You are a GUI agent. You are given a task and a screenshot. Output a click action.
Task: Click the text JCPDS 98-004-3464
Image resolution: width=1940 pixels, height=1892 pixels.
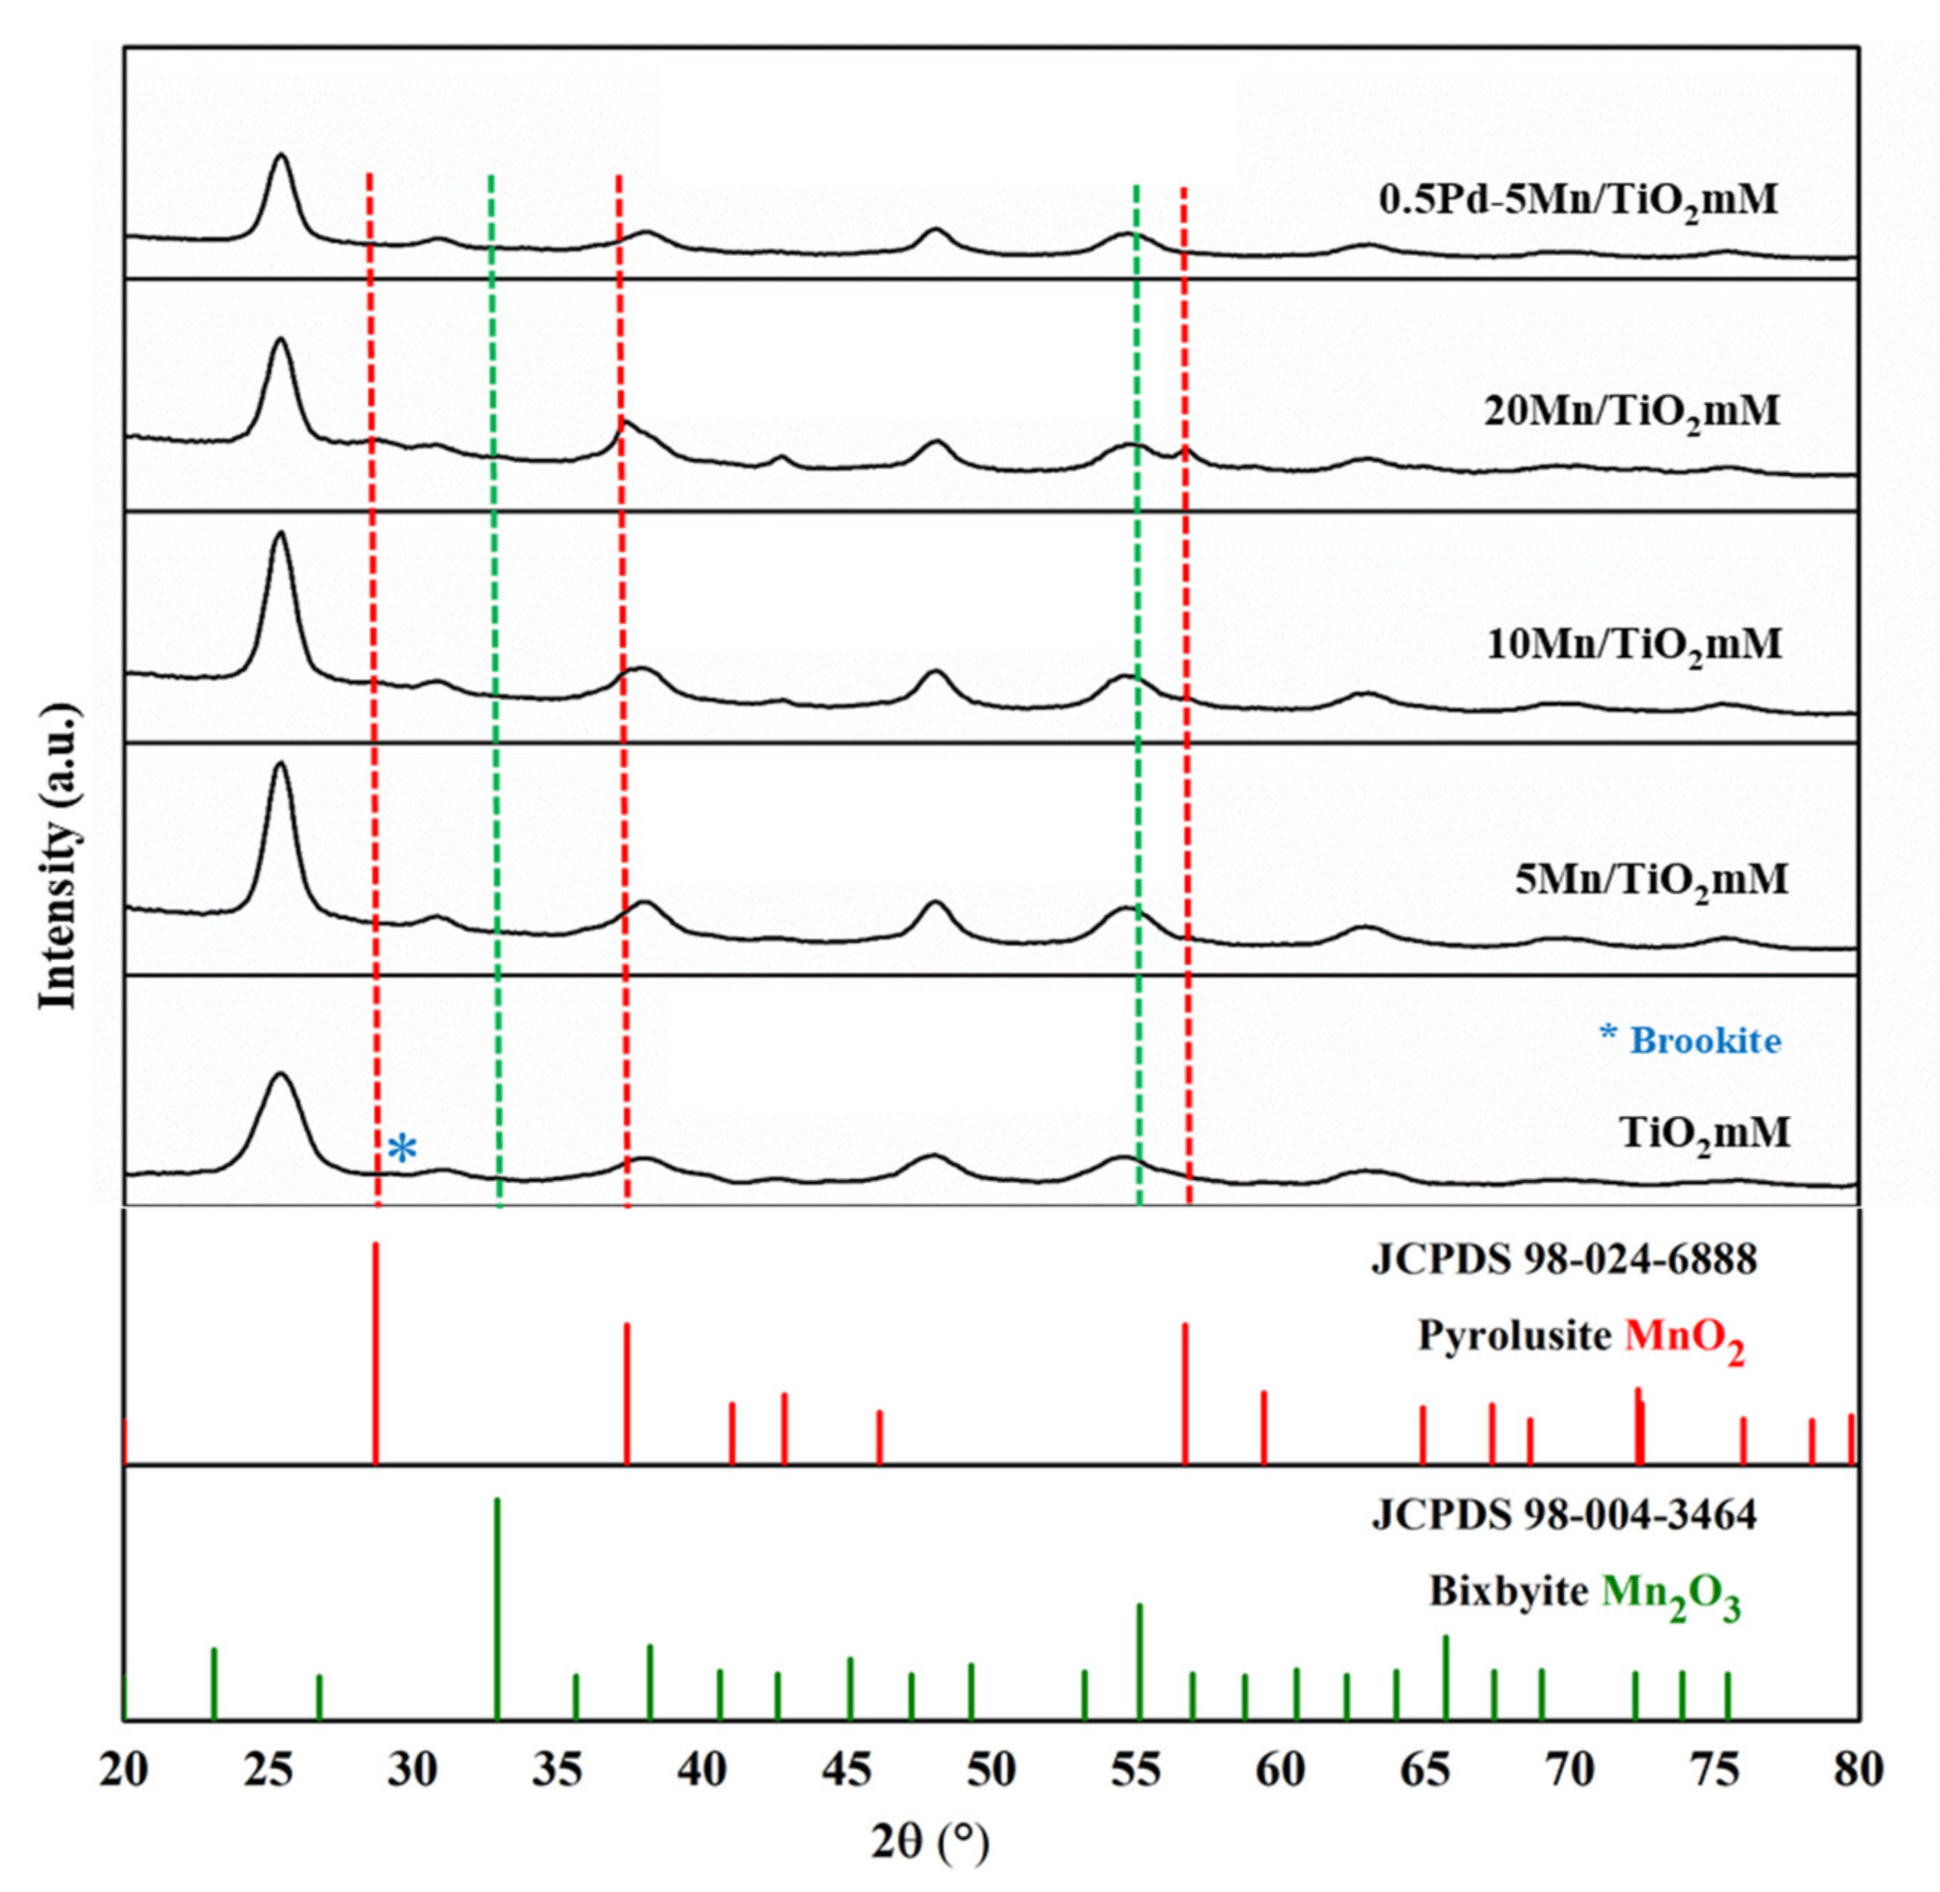point(1563,1516)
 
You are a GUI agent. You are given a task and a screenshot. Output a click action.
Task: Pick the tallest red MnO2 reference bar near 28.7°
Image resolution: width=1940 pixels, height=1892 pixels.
point(376,1351)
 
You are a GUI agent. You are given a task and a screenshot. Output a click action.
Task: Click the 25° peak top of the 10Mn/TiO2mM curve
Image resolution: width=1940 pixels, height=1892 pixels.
point(280,533)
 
